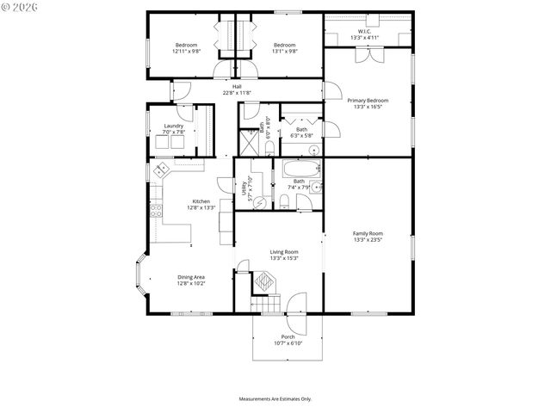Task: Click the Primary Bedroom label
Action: pos(368,101)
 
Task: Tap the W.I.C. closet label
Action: pos(364,32)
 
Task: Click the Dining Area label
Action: pos(191,276)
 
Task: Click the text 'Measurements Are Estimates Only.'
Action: pos(275,399)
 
